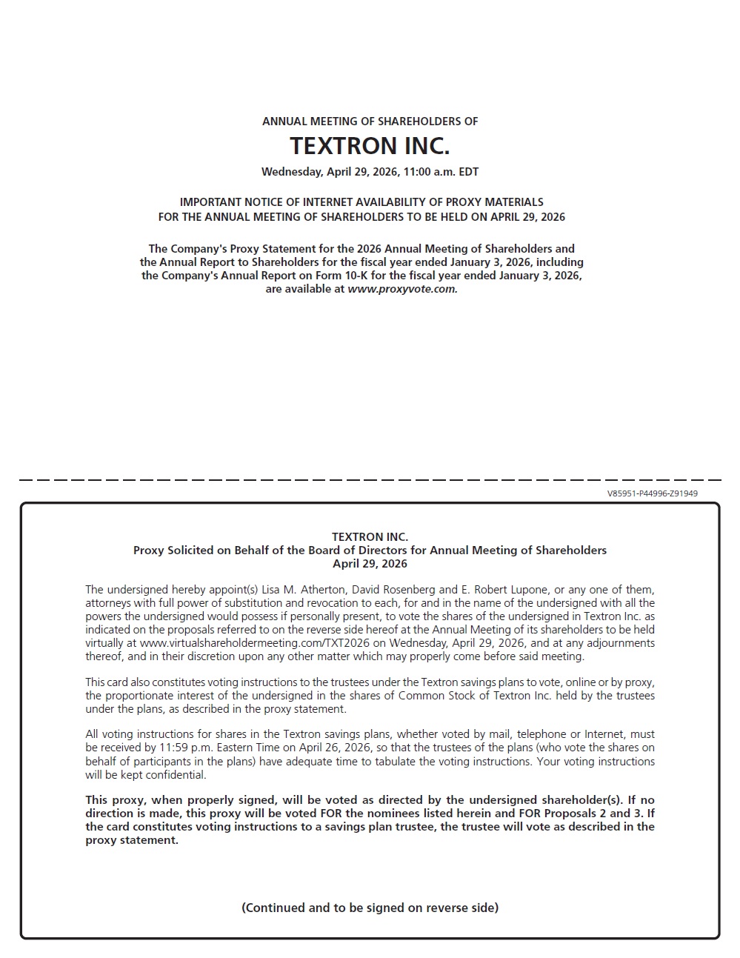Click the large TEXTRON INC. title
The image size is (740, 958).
coord(370,146)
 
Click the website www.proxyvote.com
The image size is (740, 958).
coord(402,289)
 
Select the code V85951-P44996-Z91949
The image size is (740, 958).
coord(652,493)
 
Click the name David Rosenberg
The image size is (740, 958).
coord(393,590)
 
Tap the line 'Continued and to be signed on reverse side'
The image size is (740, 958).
coord(370,908)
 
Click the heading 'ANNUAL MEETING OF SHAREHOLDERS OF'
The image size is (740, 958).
coord(370,122)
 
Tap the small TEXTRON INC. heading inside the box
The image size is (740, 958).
coord(370,537)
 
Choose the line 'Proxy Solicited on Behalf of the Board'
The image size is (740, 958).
coord(370,550)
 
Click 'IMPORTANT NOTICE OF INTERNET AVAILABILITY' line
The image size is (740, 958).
coord(361,202)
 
